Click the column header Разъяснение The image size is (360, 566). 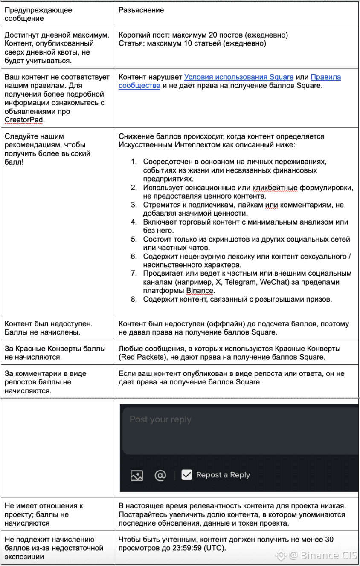pyautogui.click(x=141, y=10)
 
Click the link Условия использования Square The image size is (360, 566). pyautogui.click(x=238, y=77)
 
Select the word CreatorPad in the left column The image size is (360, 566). pyautogui.click(x=24, y=120)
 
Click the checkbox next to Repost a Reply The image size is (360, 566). pyautogui.click(x=187, y=475)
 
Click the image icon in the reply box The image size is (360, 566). pyautogui.click(x=136, y=475)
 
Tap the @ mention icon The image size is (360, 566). pyautogui.click(x=160, y=475)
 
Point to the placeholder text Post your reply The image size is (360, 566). pyautogui.click(x=160, y=419)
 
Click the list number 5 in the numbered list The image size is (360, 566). pyautogui.click(x=134, y=239)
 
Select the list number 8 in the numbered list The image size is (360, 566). pyautogui.click(x=134, y=299)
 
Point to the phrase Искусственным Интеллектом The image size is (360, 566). pyautogui.click(x=163, y=145)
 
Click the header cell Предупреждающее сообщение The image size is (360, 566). pyautogui.click(x=38, y=14)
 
